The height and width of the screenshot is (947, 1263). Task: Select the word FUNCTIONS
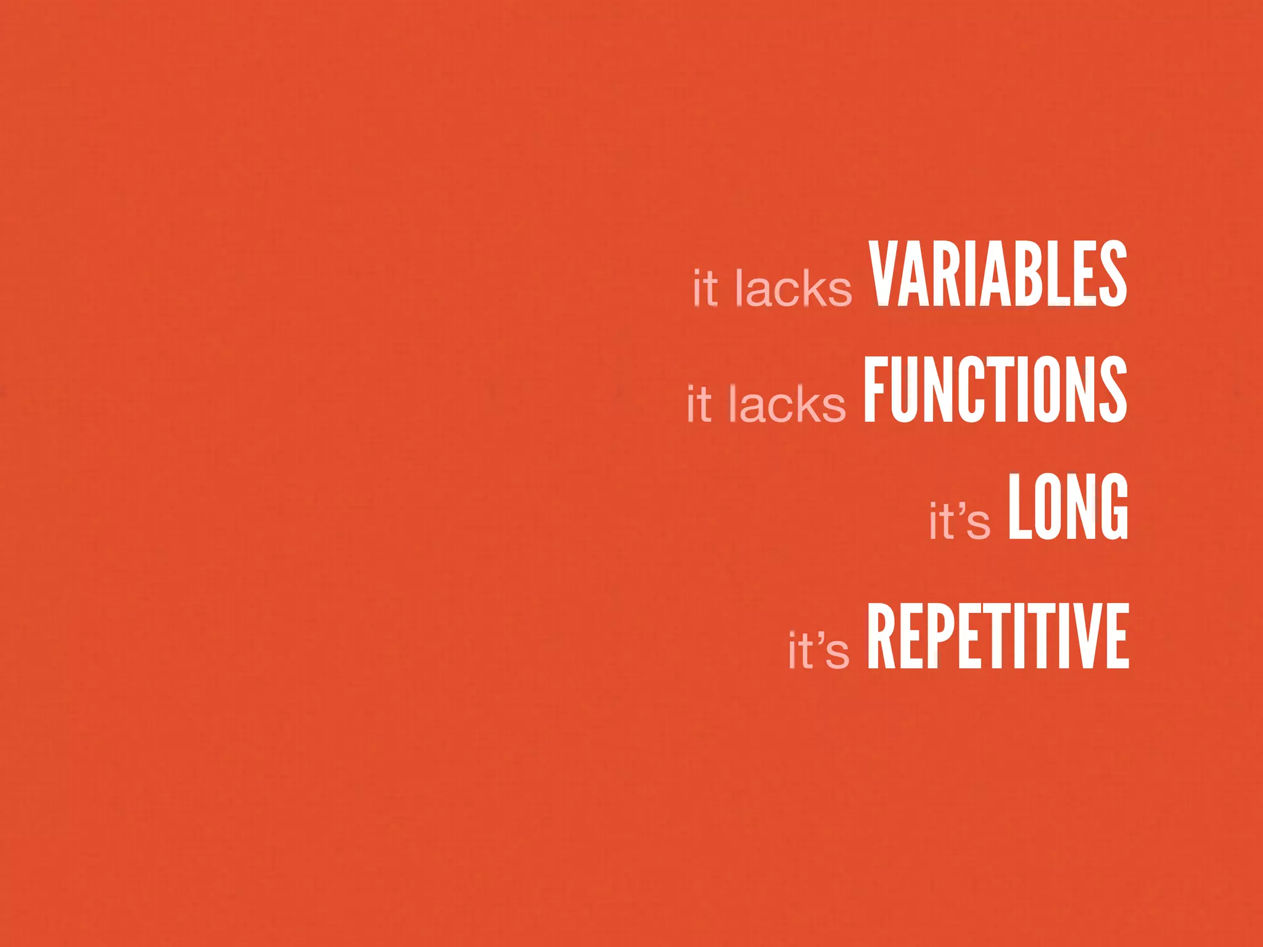click(x=995, y=390)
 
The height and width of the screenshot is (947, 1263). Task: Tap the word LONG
click(x=1068, y=507)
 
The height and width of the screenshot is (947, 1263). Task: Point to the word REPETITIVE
click(x=998, y=636)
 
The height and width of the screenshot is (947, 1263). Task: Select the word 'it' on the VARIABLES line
click(x=706, y=288)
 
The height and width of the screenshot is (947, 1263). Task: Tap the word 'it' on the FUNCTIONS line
click(x=699, y=404)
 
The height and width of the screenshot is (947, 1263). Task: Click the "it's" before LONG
click(x=960, y=521)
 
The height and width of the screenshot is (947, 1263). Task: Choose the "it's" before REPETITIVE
click(x=818, y=650)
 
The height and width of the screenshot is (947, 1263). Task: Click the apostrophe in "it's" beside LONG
click(x=962, y=509)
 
